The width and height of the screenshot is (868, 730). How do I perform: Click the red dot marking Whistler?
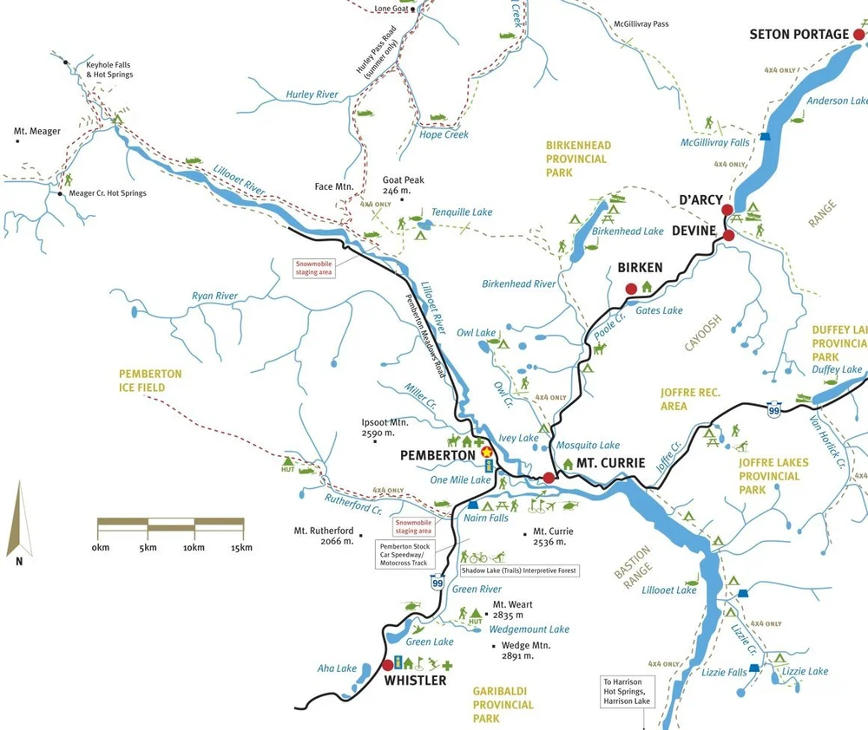(387, 666)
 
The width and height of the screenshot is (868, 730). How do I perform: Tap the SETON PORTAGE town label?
(799, 34)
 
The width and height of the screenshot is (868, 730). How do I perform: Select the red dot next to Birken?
(632, 289)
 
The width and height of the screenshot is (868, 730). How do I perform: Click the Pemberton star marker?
(486, 452)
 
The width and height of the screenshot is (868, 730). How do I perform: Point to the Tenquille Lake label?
(462, 212)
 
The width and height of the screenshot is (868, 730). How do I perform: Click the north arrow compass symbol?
(19, 520)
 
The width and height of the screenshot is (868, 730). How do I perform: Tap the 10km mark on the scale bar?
(194, 548)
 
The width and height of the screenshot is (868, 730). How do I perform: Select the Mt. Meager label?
(37, 132)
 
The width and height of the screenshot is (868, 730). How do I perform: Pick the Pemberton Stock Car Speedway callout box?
(404, 555)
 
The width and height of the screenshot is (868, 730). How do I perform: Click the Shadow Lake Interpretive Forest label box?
(519, 571)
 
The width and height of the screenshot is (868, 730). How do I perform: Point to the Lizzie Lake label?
(805, 672)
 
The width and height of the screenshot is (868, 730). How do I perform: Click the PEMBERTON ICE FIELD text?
(150, 381)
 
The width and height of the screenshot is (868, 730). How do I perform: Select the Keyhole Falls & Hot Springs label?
(110, 70)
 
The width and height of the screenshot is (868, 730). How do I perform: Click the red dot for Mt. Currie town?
(549, 478)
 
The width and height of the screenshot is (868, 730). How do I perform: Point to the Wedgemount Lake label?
(529, 629)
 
